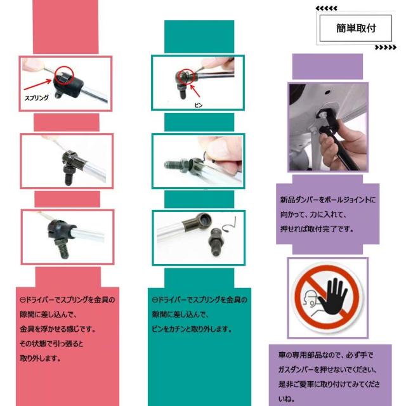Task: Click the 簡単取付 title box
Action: pyautogui.click(x=355, y=29)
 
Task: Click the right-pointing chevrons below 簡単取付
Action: pyautogui.click(x=385, y=48)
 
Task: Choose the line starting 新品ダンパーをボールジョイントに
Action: pyautogui.click(x=327, y=199)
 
